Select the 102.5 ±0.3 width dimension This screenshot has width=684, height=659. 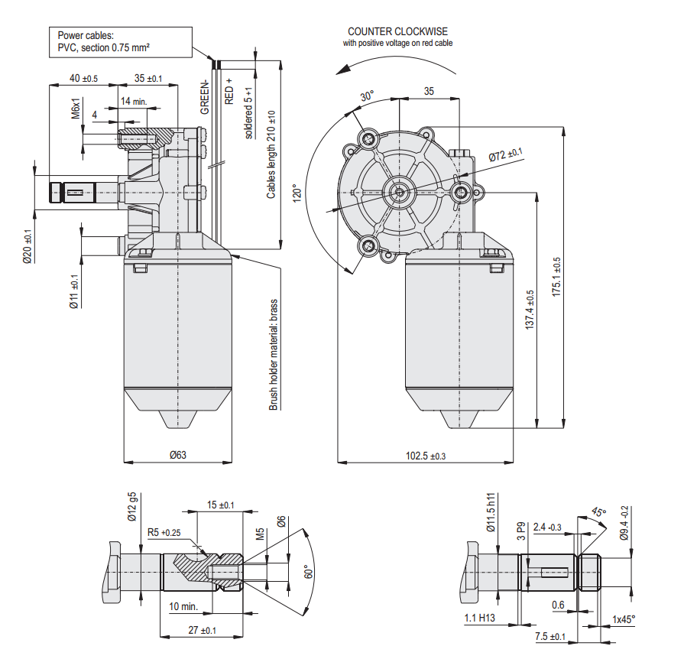coord(425,456)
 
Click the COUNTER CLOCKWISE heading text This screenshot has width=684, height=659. coord(397,31)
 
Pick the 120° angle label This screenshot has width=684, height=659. coord(298,190)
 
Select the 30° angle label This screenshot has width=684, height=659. coord(368,96)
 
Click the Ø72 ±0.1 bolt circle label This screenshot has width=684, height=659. coord(505,156)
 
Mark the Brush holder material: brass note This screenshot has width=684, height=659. coord(273,355)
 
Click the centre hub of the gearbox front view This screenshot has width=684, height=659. coord(399,191)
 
